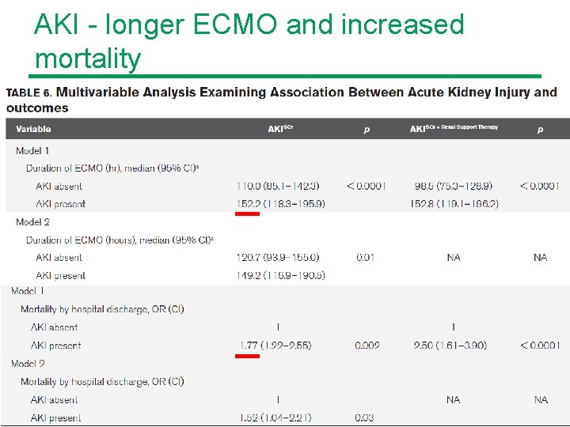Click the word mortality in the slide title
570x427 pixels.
click(88, 59)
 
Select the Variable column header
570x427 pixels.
click(33, 129)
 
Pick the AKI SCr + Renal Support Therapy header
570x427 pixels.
click(454, 128)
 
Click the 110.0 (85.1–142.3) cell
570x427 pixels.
click(278, 186)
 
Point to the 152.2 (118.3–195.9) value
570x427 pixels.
click(280, 204)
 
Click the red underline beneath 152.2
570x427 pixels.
click(248, 213)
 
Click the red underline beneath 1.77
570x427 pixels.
click(248, 356)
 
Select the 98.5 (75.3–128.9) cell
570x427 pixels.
click(453, 186)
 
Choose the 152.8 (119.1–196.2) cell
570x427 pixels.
click(456, 204)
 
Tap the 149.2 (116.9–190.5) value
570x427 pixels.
click(280, 276)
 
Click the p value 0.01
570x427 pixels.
click(366, 258)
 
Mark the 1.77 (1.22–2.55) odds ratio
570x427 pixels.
click(275, 346)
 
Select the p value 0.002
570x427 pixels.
click(367, 346)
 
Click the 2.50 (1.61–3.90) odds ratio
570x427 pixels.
click(450, 346)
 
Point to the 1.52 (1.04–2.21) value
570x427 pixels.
click(275, 418)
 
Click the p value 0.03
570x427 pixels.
click(366, 418)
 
